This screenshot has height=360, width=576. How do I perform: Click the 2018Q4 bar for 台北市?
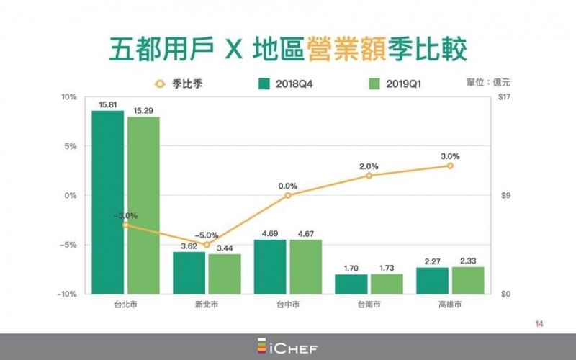pos(108,202)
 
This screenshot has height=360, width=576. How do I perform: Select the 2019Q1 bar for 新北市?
pos(224,274)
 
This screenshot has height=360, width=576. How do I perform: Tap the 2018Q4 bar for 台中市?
pos(271,266)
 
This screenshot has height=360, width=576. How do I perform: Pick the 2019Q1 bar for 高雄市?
pos(468,280)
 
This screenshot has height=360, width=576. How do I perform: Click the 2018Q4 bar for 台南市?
pos(351,284)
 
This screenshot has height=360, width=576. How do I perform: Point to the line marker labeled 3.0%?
pos(451,166)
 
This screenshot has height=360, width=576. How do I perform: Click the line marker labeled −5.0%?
pos(207,245)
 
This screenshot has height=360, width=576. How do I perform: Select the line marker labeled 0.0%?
pos(288,195)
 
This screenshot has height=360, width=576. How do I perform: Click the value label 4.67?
pos(305,233)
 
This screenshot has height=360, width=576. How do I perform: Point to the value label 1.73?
pos(387,267)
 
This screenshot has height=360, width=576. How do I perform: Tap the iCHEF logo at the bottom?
pos(288,347)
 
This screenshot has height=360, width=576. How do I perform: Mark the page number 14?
pos(539,323)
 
